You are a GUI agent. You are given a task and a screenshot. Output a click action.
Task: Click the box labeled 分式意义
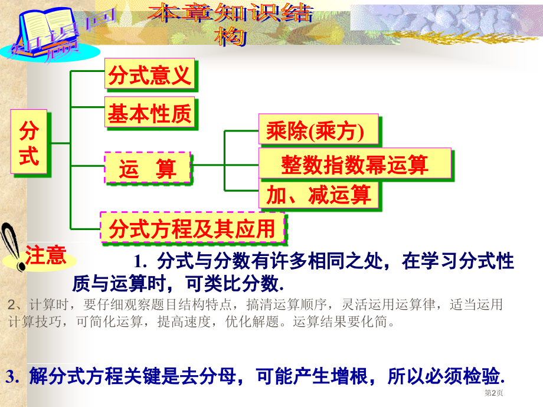tap(149, 76)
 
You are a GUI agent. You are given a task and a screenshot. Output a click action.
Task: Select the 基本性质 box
tap(149, 113)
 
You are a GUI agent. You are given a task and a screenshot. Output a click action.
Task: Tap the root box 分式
tap(29, 143)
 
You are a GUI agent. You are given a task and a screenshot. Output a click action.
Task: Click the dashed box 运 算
tap(148, 168)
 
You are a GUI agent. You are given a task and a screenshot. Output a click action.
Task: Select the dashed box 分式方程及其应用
tap(192, 227)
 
